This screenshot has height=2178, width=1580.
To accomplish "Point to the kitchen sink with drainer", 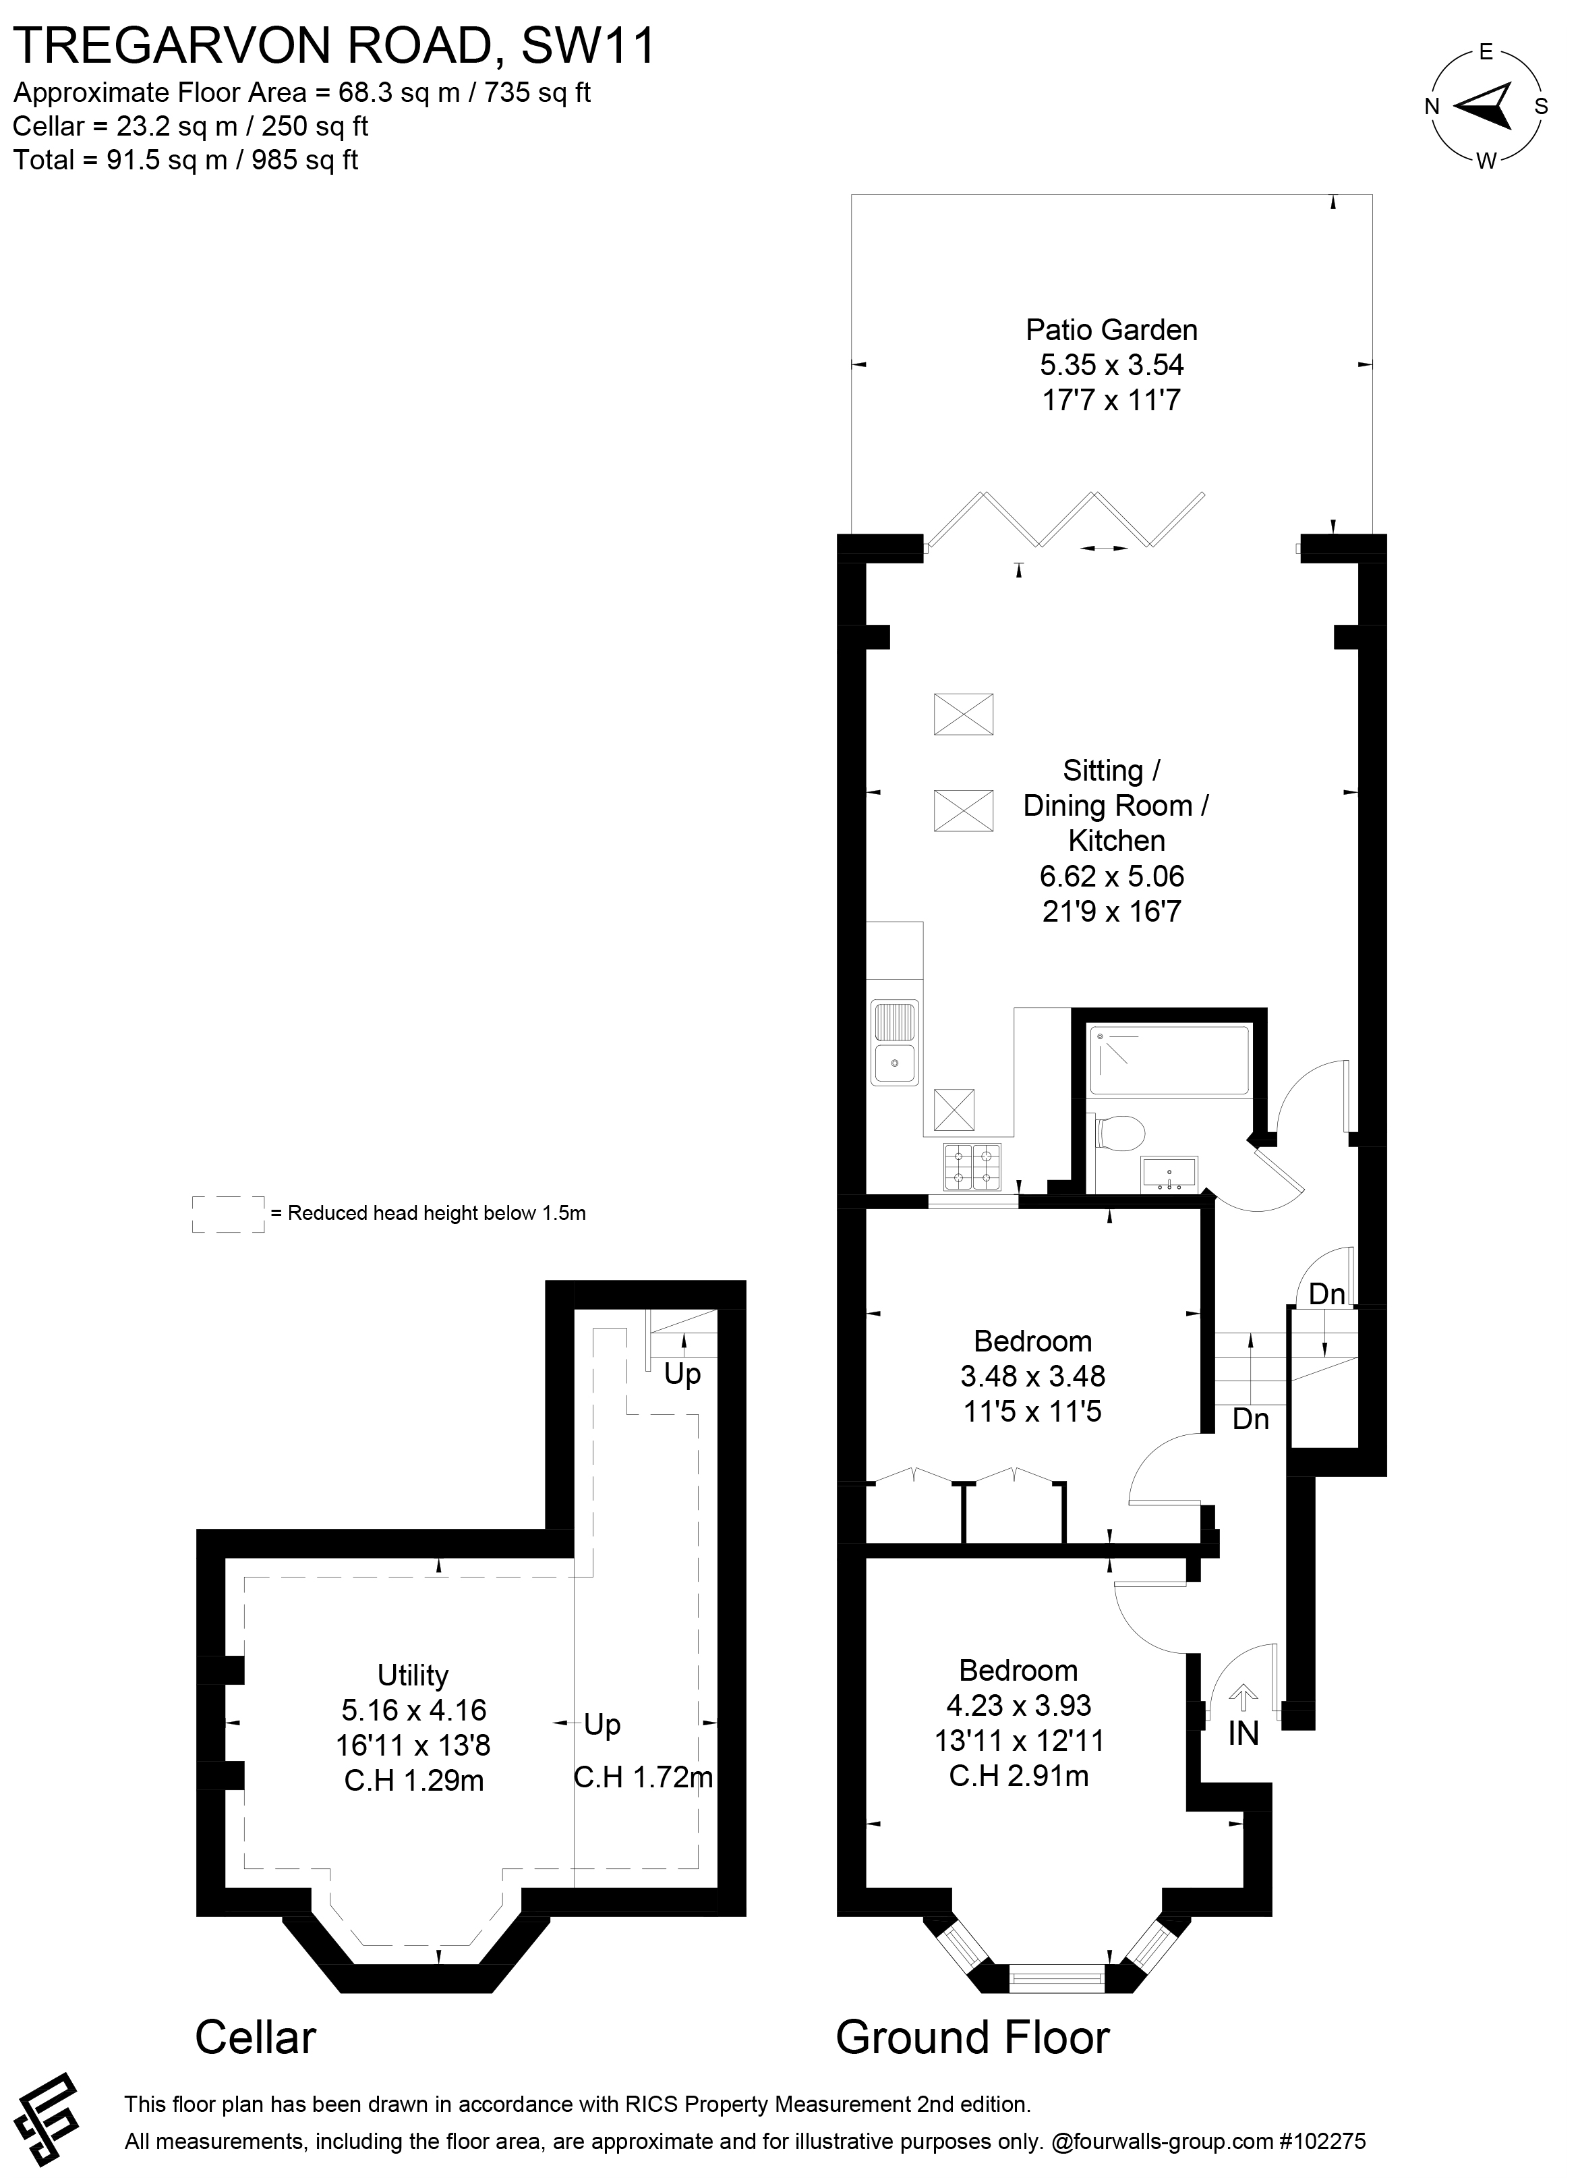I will coord(895,1042).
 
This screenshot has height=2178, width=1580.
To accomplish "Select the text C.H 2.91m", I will coord(1018,1777).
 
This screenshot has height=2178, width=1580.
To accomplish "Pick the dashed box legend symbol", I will coord(229,1213).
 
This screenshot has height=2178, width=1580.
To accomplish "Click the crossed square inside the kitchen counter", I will coord(954,1109).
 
